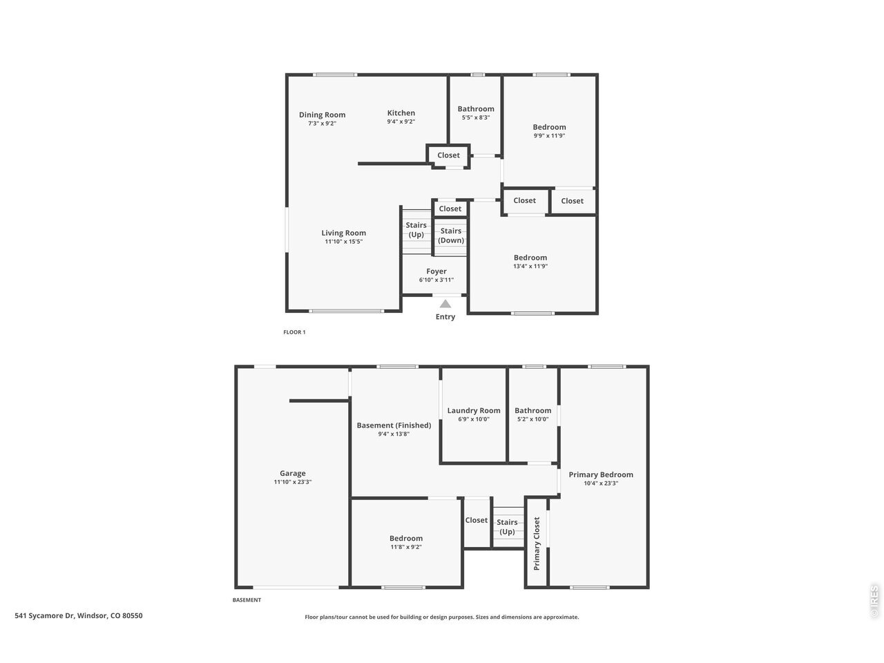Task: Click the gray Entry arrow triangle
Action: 445,304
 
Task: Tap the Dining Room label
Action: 322,115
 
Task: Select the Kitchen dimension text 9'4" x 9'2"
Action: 401,122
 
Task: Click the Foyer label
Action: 436,271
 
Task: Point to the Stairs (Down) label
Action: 451,236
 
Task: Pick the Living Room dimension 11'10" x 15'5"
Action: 343,242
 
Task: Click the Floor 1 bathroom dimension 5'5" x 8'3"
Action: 476,117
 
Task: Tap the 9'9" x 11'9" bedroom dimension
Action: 549,135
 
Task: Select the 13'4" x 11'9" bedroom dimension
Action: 530,266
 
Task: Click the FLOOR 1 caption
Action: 294,332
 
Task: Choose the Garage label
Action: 292,473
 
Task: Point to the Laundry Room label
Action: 474,411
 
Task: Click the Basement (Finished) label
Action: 394,425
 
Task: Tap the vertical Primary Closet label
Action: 537,544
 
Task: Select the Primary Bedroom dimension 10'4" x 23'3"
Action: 601,483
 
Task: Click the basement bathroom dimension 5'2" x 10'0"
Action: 532,419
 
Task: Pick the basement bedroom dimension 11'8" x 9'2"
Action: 406,547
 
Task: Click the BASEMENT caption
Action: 247,599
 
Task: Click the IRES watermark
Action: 874,602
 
